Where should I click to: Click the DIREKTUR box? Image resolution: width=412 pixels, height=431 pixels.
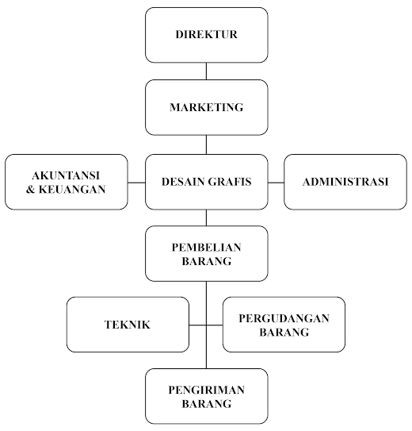click(207, 35)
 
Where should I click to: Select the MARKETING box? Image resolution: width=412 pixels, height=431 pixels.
click(207, 107)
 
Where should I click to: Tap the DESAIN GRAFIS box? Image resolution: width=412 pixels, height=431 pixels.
click(207, 182)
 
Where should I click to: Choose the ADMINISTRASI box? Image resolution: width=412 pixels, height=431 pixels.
click(345, 182)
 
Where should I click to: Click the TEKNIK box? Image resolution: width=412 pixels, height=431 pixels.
click(128, 325)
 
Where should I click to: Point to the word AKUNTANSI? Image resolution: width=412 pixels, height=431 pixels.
click(66, 175)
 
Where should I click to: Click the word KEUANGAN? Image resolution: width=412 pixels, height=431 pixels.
click(72, 190)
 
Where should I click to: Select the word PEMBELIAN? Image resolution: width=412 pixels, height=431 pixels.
click(207, 248)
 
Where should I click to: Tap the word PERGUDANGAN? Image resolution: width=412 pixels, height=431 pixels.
click(284, 318)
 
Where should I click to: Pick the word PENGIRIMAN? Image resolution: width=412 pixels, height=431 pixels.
click(207, 390)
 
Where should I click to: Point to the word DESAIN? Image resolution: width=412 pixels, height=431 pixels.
click(183, 182)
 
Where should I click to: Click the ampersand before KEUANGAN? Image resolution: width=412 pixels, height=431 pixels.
click(30, 190)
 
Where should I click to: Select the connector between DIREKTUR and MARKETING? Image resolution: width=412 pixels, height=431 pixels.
click(206, 71)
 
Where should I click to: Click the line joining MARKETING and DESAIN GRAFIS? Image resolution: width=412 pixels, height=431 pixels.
click(206, 144)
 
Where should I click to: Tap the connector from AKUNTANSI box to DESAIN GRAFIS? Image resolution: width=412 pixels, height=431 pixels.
click(136, 183)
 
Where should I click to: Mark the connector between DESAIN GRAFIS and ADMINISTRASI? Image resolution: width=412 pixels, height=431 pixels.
click(276, 183)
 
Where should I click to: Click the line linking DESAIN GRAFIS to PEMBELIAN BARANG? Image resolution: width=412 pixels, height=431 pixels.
click(206, 217)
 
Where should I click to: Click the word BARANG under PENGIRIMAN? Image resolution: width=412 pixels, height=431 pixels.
click(207, 404)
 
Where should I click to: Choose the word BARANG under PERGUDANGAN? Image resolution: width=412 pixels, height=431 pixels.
click(284, 332)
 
